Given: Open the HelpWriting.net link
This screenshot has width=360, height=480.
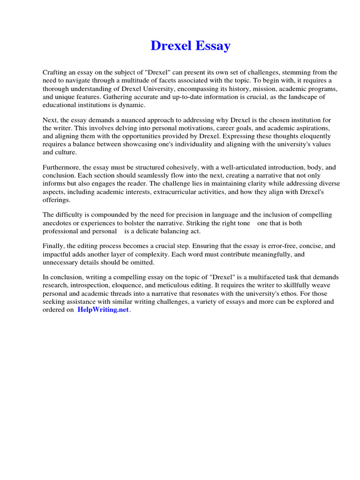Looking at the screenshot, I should click(x=103, y=311).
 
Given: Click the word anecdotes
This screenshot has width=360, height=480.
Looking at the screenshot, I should click(x=58, y=223).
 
